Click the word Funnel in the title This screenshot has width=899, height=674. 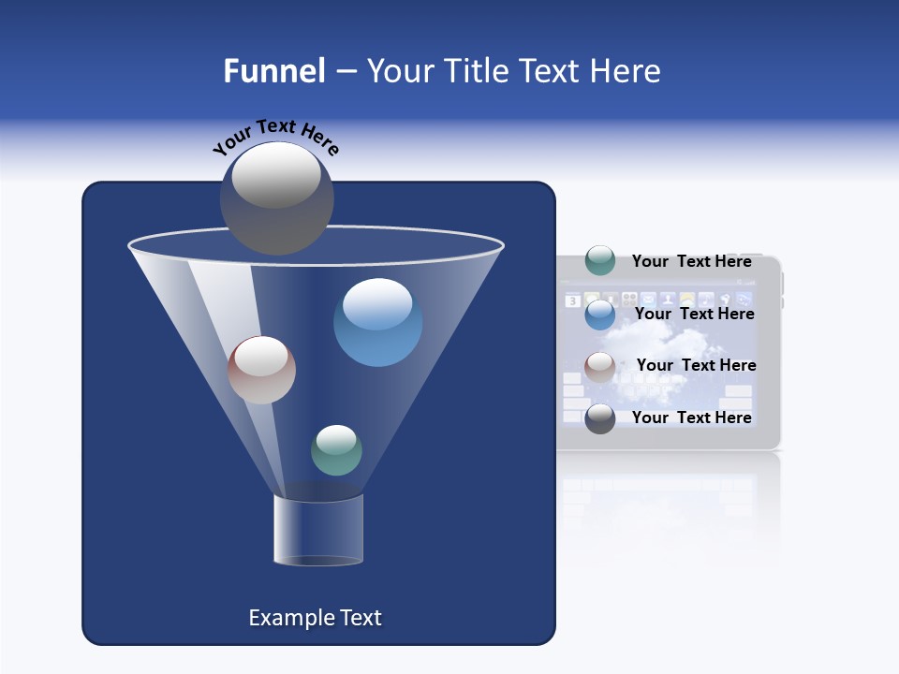tap(274, 70)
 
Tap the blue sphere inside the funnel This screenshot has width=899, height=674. tap(377, 323)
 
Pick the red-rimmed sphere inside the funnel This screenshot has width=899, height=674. tap(261, 371)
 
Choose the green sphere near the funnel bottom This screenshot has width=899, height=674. tap(336, 450)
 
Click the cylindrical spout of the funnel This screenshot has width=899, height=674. tap(318, 531)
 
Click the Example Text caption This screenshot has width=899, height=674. tap(315, 618)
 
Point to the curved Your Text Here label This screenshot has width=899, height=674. tap(275, 135)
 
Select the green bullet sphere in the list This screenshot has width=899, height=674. tap(599, 260)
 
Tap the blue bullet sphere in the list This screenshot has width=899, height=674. tap(599, 314)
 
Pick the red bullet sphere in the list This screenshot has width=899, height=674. tap(599, 366)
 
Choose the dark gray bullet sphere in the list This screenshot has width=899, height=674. tap(599, 418)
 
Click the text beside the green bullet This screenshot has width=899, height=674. tap(691, 261)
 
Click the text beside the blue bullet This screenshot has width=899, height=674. tap(694, 314)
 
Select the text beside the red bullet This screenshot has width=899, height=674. tap(696, 365)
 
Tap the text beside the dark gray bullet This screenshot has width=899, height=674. tap(691, 418)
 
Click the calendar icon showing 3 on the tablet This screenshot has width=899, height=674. tap(573, 301)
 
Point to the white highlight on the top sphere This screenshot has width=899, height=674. tap(276, 175)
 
